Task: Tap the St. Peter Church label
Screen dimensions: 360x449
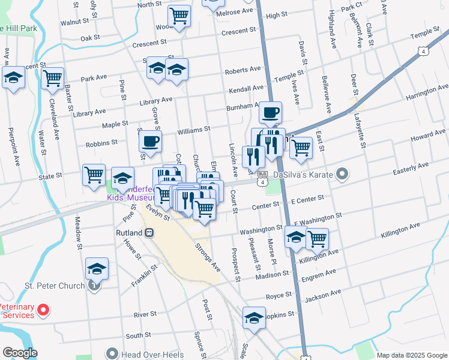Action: [x=52, y=286]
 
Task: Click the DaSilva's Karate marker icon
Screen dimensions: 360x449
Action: [x=342, y=175]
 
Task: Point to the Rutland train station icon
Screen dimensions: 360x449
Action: [x=149, y=232]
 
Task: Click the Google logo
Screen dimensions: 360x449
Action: [x=20, y=353]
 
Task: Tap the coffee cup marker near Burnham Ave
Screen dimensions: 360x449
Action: [x=270, y=113]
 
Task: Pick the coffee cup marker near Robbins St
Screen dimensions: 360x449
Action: [x=149, y=142]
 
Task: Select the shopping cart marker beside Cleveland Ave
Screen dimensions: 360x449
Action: [x=53, y=79]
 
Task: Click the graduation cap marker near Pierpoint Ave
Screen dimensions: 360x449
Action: [x=13, y=78]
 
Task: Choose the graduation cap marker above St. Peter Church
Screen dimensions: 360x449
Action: [x=97, y=269]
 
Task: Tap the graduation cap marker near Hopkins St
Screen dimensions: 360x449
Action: [x=254, y=318]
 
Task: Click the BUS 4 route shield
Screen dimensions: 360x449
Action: [x=262, y=176]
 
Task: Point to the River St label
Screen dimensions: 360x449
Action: [x=145, y=314]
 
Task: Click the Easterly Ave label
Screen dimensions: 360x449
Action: [x=411, y=168]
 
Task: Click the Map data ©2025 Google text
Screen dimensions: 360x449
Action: [x=412, y=355]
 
